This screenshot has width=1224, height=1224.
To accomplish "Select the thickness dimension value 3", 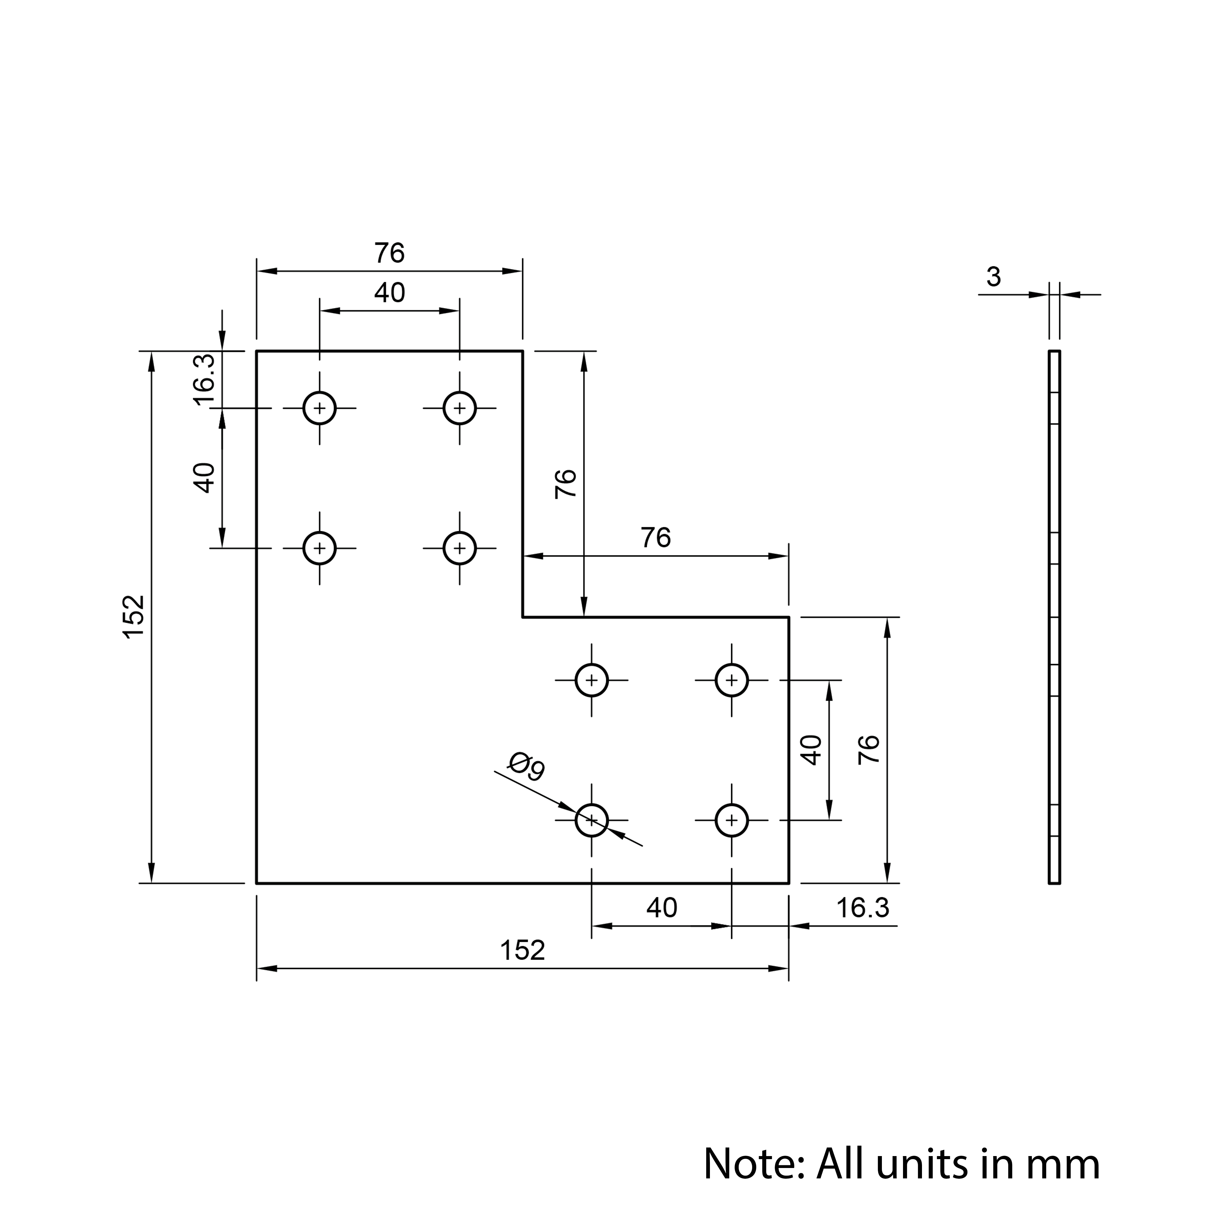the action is pyautogui.click(x=993, y=277).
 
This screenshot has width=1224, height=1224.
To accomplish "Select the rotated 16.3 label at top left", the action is pyautogui.click(x=204, y=380).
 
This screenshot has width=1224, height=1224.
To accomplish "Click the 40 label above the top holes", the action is pyautogui.click(x=389, y=293).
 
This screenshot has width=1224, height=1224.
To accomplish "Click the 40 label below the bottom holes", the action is pyautogui.click(x=661, y=908).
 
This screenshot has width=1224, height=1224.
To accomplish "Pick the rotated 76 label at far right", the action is pyautogui.click(x=869, y=749).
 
